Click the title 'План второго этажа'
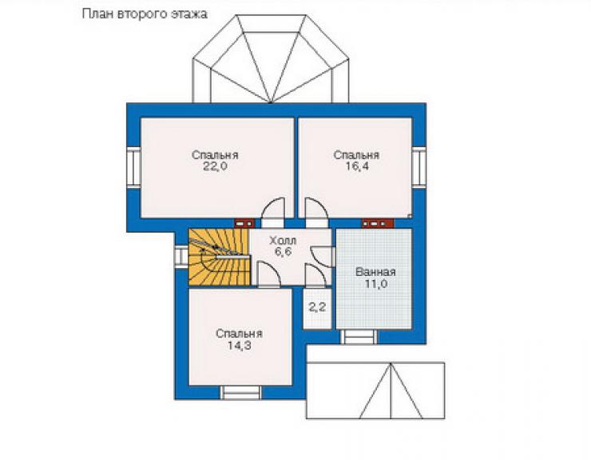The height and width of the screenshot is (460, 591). click(x=145, y=14)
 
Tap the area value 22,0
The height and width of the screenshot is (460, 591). click(x=215, y=166)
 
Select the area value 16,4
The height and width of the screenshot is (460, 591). click(x=357, y=166)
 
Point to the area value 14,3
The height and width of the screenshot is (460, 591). click(x=239, y=345)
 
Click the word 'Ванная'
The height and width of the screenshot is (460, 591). click(x=375, y=272)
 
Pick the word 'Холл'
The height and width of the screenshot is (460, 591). click(x=283, y=241)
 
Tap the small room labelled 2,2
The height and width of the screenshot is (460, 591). click(x=317, y=308)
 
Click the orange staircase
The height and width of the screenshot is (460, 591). click(x=220, y=257)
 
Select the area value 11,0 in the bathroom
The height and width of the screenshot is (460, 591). click(x=376, y=284)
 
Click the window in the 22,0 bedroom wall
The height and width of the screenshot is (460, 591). click(x=133, y=167)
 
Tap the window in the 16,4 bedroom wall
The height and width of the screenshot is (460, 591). click(x=418, y=167)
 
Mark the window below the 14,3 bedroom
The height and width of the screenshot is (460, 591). click(x=240, y=392)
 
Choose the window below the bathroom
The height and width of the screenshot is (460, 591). click(x=359, y=337)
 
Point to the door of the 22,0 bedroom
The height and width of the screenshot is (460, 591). click(x=273, y=214)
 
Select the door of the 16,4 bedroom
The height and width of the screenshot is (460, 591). click(x=317, y=214)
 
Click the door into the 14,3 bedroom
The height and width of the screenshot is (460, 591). click(x=268, y=275)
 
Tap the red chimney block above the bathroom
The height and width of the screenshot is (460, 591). click(x=378, y=223)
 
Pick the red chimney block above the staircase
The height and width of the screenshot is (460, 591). click(x=244, y=223)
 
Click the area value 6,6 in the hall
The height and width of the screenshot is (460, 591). click(x=283, y=252)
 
